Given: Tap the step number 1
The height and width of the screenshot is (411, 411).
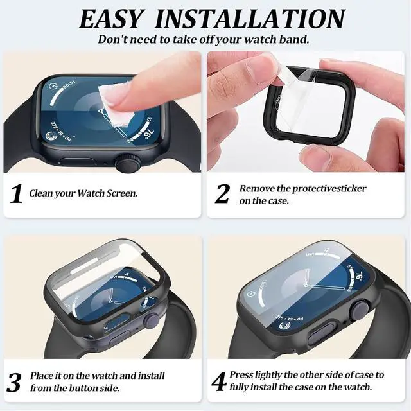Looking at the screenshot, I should click(x=17, y=193).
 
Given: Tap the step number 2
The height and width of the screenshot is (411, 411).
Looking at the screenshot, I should click(x=222, y=193).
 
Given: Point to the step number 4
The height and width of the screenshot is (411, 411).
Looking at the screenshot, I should click(x=219, y=381).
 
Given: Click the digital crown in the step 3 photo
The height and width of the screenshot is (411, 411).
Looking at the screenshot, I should click(x=152, y=320).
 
